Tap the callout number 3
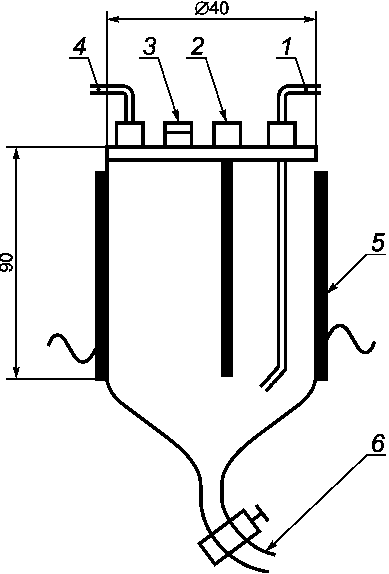pyautogui.click(x=149, y=47)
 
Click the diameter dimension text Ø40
pyautogui.click(x=212, y=9)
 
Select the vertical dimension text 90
pyautogui.click(x=7, y=262)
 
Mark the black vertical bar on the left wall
pyautogui.click(x=101, y=274)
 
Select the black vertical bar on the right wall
pyautogui.click(x=321, y=274)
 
